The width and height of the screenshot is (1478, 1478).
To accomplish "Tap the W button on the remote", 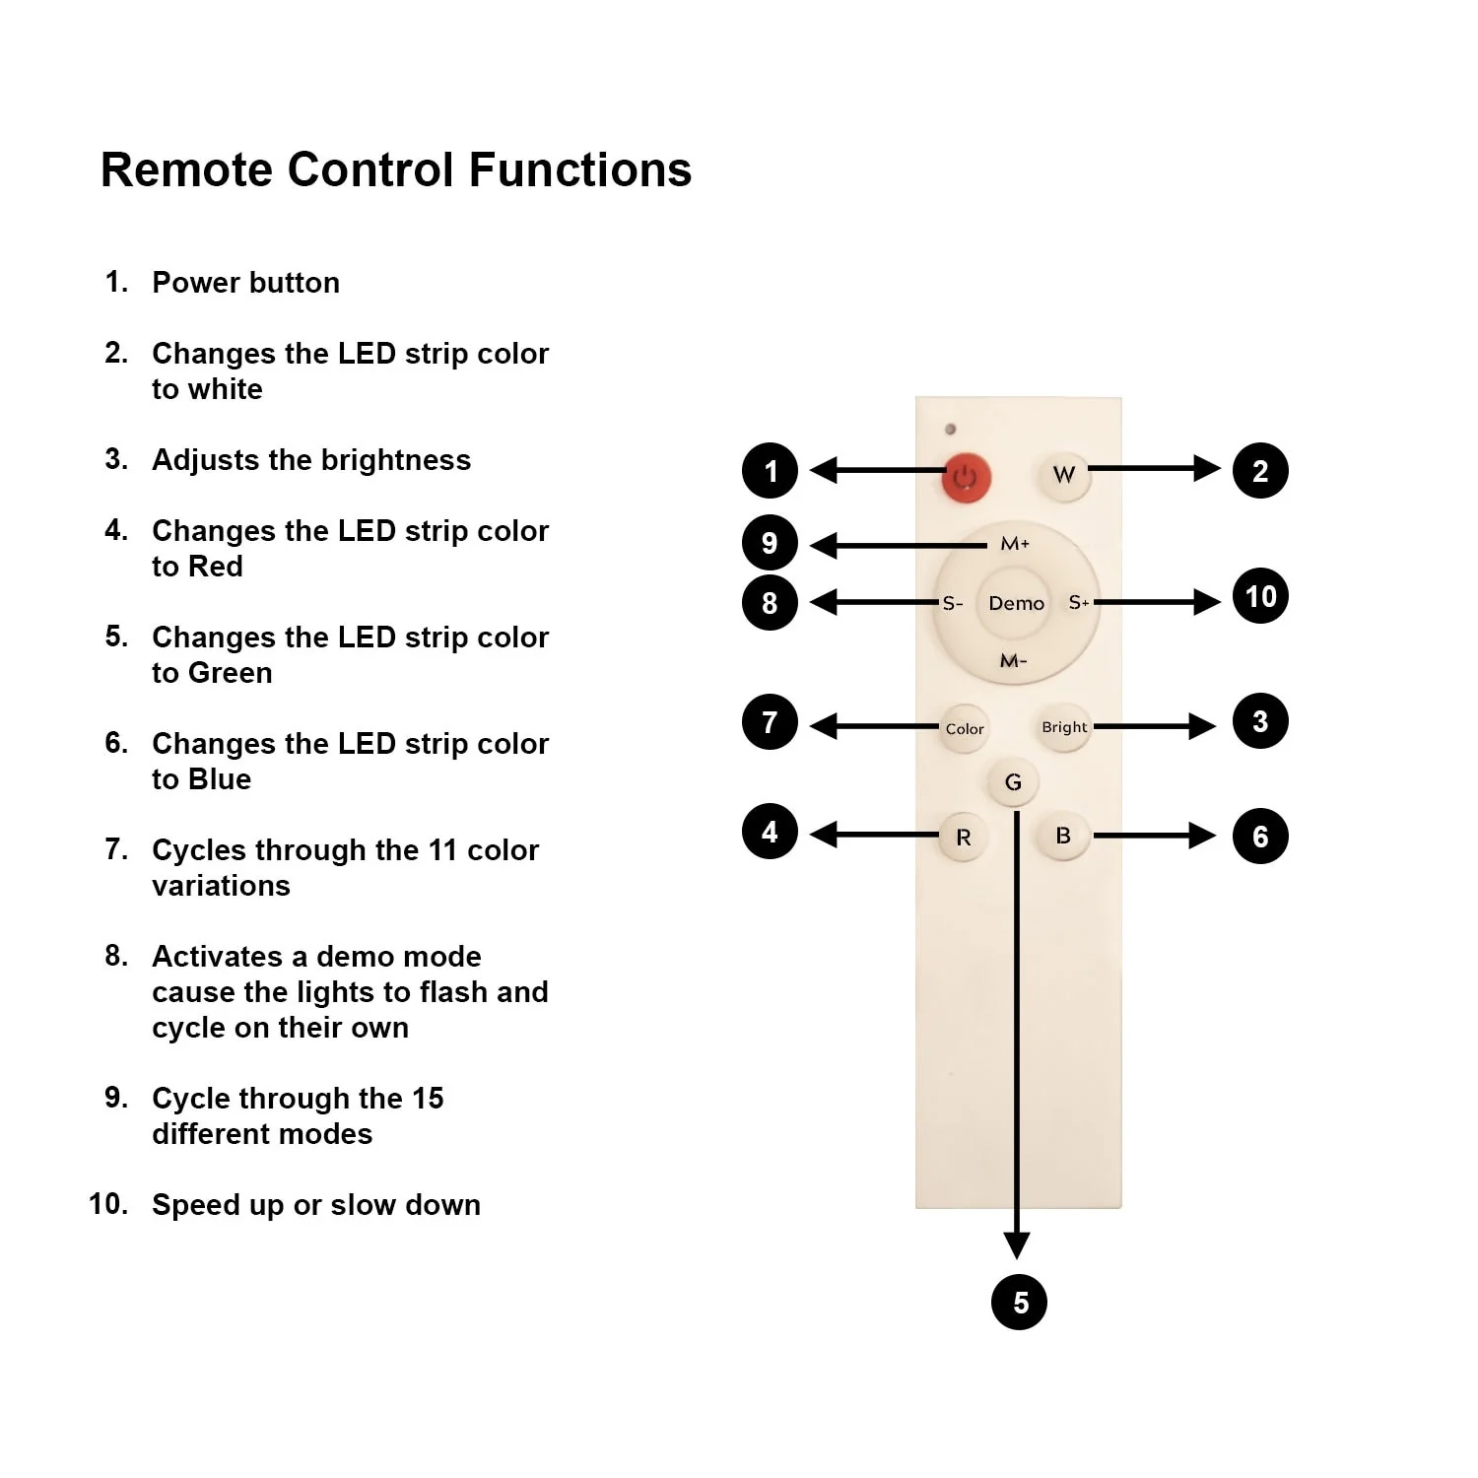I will pyautogui.click(x=1064, y=475).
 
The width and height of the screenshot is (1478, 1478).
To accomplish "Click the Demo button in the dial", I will pyautogui.click(x=1016, y=603).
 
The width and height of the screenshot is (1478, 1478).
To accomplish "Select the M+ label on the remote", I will pyautogui.click(x=1015, y=544).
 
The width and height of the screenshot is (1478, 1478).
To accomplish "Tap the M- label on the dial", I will pyautogui.click(x=1013, y=660).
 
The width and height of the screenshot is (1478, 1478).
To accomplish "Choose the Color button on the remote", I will pyautogui.click(x=964, y=729).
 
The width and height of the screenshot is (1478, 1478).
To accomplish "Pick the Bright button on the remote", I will pyautogui.click(x=1064, y=727).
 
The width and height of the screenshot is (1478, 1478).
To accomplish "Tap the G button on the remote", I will pyautogui.click(x=1013, y=782).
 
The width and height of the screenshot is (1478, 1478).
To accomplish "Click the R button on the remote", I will pyautogui.click(x=964, y=838).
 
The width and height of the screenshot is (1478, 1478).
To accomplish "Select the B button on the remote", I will pyautogui.click(x=1063, y=837).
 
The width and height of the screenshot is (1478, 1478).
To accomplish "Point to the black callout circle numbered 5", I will pyautogui.click(x=1019, y=1302).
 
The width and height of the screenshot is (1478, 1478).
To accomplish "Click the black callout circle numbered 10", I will pyautogui.click(x=1260, y=596).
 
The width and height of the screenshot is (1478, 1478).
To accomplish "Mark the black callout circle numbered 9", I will pyautogui.click(x=770, y=543).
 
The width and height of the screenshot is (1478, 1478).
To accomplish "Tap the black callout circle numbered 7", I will pyautogui.click(x=770, y=722).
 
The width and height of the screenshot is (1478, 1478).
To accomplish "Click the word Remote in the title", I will pyautogui.click(x=186, y=169).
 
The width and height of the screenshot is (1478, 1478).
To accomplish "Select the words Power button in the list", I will pyautogui.click(x=245, y=283).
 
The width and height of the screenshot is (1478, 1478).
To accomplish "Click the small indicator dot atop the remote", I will pyautogui.click(x=950, y=430).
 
